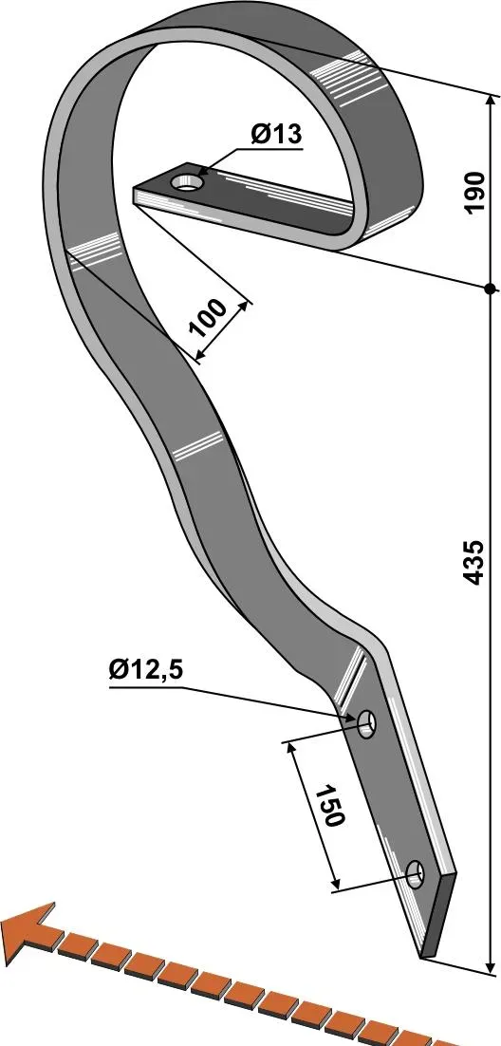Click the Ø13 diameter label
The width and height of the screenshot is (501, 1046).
coord(277,134)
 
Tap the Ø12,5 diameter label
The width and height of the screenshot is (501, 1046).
coord(146,670)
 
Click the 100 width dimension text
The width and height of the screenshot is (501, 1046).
coord(208,318)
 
